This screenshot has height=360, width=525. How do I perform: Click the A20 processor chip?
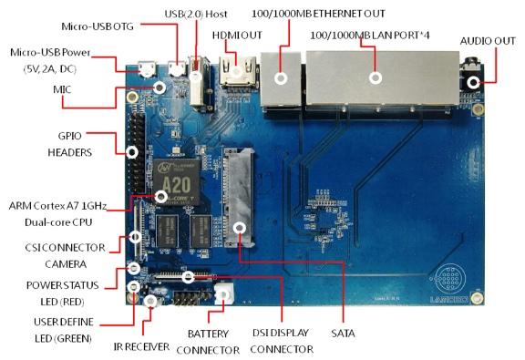(x=177, y=181)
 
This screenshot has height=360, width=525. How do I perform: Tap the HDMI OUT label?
(x=237, y=36)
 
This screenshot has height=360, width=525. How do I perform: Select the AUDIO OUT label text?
(x=488, y=41)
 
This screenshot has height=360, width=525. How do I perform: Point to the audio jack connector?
(x=472, y=77)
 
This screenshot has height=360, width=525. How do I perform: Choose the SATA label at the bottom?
(x=343, y=334)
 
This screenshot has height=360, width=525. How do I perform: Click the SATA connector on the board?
(x=239, y=198)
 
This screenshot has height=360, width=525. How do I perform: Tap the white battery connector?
(x=223, y=293)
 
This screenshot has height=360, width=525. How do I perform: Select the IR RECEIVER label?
(x=141, y=346)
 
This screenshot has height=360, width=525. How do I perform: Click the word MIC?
(x=62, y=89)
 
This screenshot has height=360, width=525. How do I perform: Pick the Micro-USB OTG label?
(x=98, y=26)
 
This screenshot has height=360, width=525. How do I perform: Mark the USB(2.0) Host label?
(x=196, y=14)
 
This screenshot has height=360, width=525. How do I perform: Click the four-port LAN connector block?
(x=382, y=77)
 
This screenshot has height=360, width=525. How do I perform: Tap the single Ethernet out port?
(x=281, y=79)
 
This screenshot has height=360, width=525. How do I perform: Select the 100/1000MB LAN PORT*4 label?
(x=370, y=36)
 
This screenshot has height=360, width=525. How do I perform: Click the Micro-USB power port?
(x=148, y=69)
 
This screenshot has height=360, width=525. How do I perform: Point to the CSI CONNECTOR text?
(x=65, y=248)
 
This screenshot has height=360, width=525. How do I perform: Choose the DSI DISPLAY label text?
(x=280, y=333)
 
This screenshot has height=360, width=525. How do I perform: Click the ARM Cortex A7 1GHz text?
(x=57, y=206)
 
